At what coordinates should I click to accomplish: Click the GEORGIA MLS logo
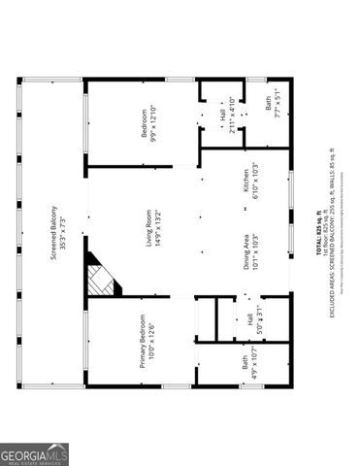click(x=34, y=453)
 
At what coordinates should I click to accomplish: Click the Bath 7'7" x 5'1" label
click(x=276, y=116)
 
